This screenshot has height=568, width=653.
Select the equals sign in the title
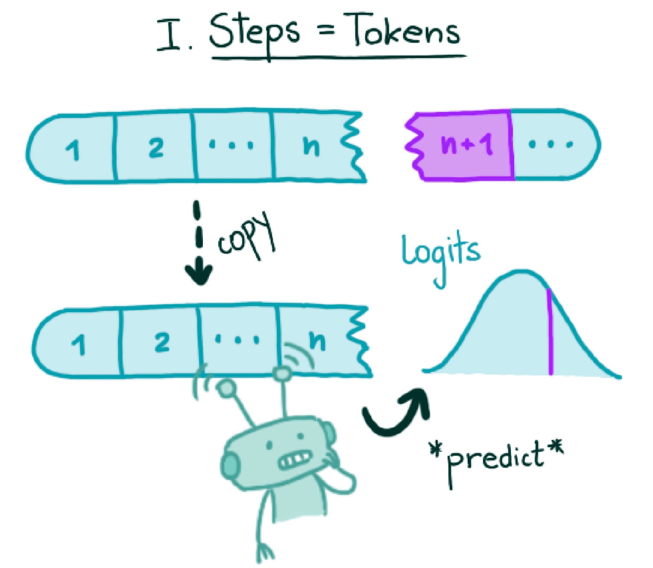[x=326, y=32]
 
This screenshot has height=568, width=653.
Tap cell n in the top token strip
[x=311, y=146]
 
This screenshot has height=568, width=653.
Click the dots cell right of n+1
[x=551, y=144]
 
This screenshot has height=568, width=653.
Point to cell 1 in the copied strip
[x=78, y=344]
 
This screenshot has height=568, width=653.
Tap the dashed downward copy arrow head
[x=198, y=273]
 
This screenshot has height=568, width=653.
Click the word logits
[x=440, y=254]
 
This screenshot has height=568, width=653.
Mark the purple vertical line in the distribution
[x=550, y=333]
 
